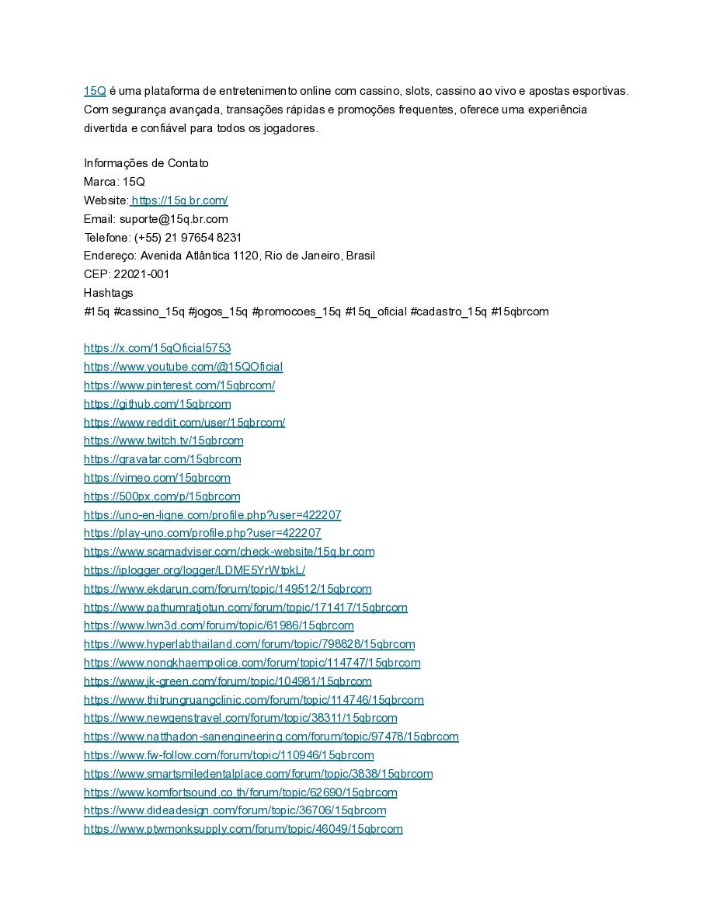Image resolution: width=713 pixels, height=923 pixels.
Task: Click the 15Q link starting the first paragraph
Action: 95,91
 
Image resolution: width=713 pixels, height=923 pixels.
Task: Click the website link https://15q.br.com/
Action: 179,200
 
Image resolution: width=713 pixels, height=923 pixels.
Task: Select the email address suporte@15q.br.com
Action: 173,219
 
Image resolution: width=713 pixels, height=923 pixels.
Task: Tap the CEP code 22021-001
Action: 141,274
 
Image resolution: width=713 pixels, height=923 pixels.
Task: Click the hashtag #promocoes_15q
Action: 296,312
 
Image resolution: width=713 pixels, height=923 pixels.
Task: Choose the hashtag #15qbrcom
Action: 520,312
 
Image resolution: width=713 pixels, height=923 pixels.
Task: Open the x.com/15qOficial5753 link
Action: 157,348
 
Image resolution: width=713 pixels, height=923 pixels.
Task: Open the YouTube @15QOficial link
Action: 183,367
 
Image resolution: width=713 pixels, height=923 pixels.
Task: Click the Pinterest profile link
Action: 179,385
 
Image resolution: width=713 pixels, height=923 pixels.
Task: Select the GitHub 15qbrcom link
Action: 157,404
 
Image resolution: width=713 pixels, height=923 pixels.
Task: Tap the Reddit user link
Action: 184,423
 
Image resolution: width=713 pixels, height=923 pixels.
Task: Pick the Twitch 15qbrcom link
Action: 163,441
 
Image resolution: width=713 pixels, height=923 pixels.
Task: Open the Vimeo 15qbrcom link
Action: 157,478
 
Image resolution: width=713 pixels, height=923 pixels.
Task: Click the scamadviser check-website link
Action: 229,552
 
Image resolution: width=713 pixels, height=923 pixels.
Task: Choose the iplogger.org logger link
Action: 194,570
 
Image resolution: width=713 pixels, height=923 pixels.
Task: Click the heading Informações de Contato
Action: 146,163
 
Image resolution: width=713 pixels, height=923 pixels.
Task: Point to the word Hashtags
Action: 108,293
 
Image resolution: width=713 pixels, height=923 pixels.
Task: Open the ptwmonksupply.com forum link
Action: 243,829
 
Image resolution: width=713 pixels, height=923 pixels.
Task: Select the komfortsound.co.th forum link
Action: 240,792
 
